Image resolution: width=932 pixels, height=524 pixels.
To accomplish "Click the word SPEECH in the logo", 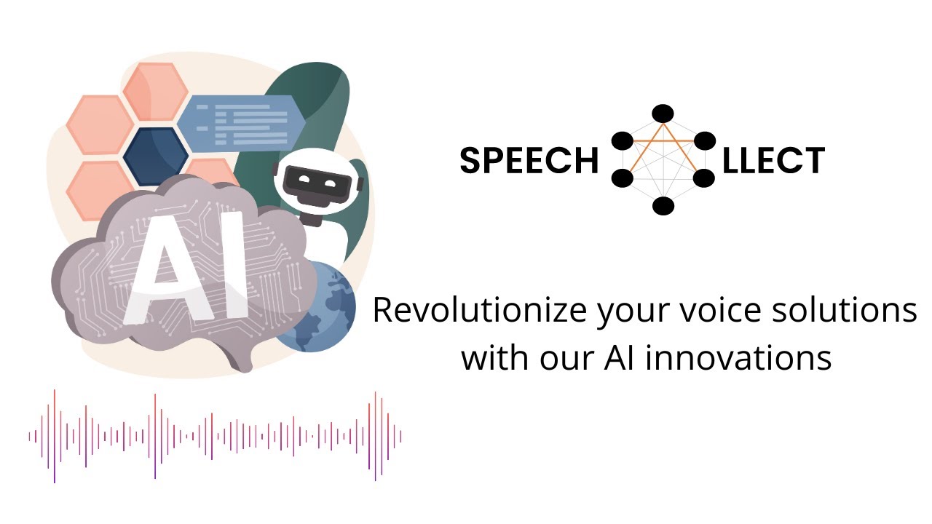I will pos(529,161).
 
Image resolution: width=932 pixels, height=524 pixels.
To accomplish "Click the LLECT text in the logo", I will pos(773,161).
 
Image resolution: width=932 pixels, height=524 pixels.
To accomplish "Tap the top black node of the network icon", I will pos(663,114).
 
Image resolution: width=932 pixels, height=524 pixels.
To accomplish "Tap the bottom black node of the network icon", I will pos(663,206).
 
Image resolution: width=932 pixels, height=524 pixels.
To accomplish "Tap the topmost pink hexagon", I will pos(155,91).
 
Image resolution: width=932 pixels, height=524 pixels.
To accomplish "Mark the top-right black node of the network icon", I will pos(704,140).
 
